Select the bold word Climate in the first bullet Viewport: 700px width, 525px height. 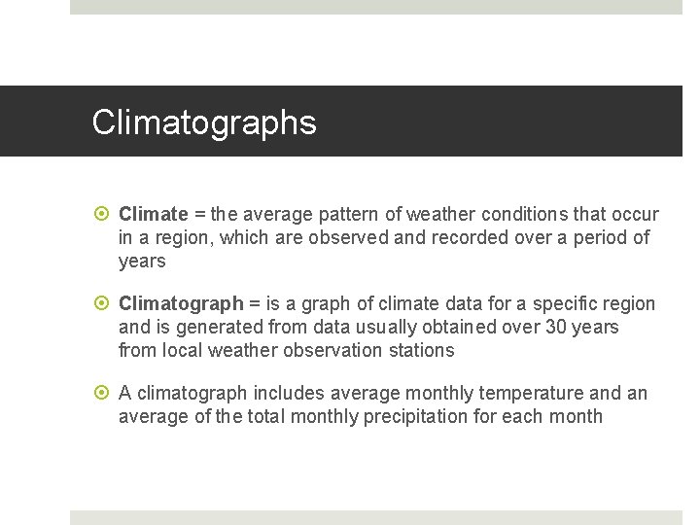(153, 214)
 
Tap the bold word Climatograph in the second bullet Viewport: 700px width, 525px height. (180, 304)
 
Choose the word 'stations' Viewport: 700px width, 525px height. (421, 351)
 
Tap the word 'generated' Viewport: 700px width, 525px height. (210, 328)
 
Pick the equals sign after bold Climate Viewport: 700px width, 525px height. (197, 214)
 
